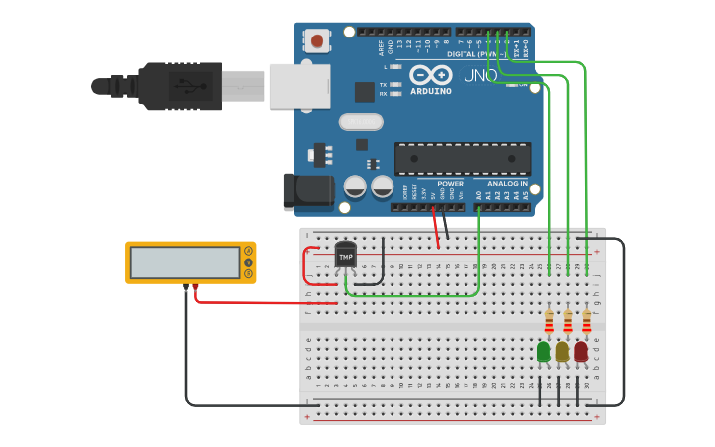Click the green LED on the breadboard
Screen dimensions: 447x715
(543, 352)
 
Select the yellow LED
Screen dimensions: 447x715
(562, 352)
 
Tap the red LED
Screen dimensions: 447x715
(581, 352)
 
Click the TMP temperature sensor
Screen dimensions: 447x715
(345, 255)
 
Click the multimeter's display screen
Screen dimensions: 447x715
(185, 262)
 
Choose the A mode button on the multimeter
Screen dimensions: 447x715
(249, 251)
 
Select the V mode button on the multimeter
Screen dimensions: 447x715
(249, 262)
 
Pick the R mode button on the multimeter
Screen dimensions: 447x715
(249, 273)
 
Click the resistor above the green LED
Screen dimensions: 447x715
(549, 322)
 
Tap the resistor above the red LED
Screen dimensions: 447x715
(587, 322)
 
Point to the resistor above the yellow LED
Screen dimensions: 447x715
(568, 322)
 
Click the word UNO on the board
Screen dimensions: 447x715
(480, 76)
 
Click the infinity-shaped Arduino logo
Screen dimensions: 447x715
(431, 75)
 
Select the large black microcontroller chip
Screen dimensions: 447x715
(463, 159)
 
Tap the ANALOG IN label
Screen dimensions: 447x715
(507, 184)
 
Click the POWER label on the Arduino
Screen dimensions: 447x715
(450, 184)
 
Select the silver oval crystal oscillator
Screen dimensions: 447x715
(361, 122)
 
